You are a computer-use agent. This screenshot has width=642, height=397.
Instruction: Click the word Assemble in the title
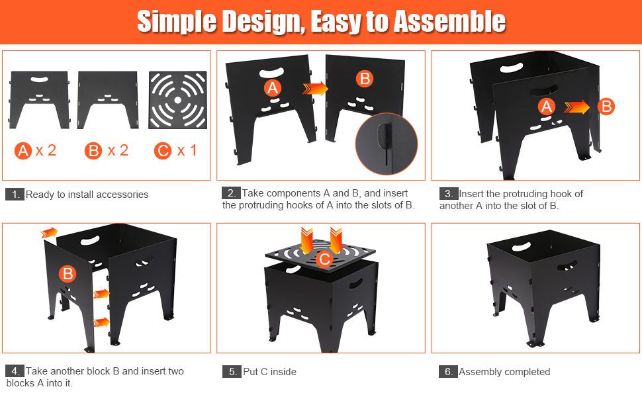449,22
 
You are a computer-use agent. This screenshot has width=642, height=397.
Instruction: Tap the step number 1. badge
15,195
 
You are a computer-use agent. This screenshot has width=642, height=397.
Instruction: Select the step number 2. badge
231,193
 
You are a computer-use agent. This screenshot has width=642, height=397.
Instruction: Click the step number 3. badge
448,194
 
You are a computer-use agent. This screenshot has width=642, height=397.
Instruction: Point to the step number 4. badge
15,371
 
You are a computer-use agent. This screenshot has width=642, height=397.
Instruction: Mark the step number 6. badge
448,372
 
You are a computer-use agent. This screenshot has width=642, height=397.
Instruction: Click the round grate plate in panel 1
177,100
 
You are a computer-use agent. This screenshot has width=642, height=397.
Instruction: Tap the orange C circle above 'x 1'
163,151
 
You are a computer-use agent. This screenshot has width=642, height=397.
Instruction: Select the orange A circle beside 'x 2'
23,151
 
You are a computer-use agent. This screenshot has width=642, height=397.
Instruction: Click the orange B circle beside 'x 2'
93,151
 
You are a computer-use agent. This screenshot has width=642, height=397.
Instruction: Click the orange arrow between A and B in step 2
316,89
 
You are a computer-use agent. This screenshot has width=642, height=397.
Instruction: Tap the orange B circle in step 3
606,107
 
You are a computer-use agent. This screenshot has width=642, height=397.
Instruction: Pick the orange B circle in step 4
68,274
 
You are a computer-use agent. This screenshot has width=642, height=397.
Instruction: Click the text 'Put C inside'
269,372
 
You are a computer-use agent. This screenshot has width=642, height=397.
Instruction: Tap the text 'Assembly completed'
504,372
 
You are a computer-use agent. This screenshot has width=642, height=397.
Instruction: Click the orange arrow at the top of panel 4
49,232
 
